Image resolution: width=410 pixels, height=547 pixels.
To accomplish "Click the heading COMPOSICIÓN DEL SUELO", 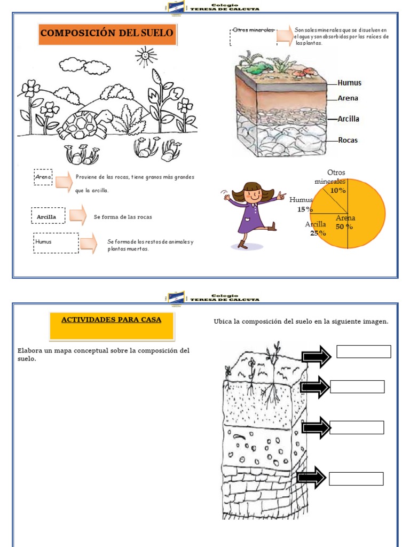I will (107, 33).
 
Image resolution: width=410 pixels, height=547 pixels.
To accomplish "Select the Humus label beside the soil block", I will (349, 83).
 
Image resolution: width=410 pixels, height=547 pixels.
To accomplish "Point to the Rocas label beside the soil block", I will (348, 140).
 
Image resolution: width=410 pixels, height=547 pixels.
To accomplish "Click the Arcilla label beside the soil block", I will (348, 119).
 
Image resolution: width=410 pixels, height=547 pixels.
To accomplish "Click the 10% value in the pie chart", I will (337, 190).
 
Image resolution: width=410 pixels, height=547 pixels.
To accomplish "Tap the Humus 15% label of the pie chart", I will (302, 205).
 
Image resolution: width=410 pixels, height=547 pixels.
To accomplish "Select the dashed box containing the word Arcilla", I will (48, 216).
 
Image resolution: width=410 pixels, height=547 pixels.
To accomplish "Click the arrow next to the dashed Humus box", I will (88, 243).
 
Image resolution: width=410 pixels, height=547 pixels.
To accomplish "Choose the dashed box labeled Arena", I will (43, 177).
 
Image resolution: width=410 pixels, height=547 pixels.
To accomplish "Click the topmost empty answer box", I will (364, 351).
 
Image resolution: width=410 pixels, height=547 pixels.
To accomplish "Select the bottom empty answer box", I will (356, 479).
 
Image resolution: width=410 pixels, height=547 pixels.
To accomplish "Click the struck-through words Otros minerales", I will (253, 30).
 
